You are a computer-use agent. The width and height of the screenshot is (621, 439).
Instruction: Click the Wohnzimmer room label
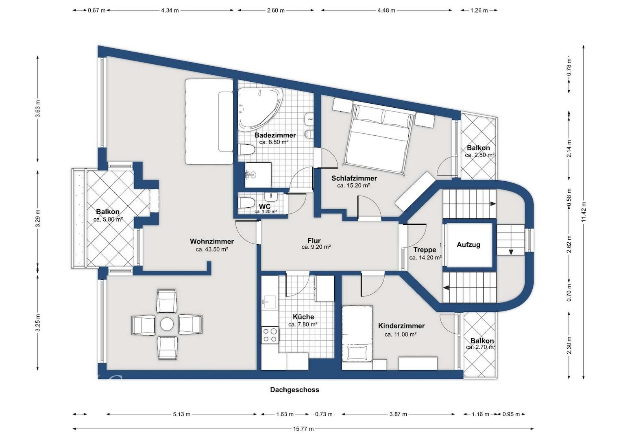212,241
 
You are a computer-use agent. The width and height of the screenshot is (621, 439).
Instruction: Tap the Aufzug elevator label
468,245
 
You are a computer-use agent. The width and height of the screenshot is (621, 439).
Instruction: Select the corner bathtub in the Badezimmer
260,109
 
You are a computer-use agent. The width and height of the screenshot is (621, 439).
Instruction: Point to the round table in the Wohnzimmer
167,324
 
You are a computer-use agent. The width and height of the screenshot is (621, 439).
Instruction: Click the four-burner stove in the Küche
270,335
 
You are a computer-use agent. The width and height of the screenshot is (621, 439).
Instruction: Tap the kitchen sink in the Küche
268,302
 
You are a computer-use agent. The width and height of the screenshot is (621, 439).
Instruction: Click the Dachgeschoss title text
295,390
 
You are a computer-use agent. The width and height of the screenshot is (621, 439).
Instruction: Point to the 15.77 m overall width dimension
303,429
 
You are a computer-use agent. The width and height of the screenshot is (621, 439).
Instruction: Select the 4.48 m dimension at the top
386,11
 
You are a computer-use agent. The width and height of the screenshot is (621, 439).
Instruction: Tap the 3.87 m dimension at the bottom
398,414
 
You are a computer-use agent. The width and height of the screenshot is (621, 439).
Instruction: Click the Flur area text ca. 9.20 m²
316,247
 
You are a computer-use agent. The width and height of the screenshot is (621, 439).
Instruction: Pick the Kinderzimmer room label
401,326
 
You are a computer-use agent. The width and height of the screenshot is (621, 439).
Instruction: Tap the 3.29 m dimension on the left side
38,218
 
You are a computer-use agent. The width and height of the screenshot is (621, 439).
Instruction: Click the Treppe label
425,250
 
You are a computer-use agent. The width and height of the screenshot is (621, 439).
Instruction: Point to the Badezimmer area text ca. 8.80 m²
274,142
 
